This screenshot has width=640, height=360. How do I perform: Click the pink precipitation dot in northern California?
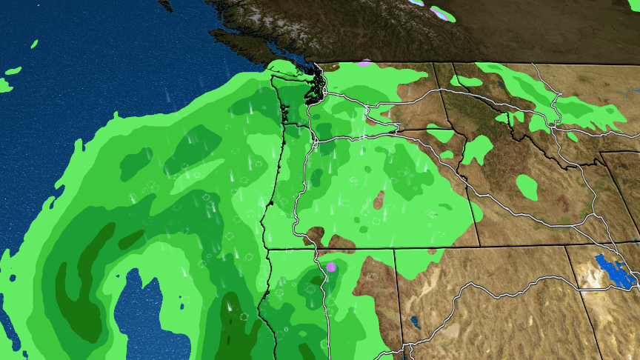tap(331, 267)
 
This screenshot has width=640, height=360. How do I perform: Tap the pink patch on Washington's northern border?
tap(364, 64)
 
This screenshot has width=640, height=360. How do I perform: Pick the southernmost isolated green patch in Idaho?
tap(528, 187)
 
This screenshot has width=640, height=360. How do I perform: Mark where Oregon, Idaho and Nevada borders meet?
tap(394, 249)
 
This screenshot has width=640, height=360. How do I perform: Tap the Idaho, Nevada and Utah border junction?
tap(566, 247)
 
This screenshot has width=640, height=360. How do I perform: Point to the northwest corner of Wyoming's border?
tap(599, 153)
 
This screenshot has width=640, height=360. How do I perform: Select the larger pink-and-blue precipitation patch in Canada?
tap(442, 13)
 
